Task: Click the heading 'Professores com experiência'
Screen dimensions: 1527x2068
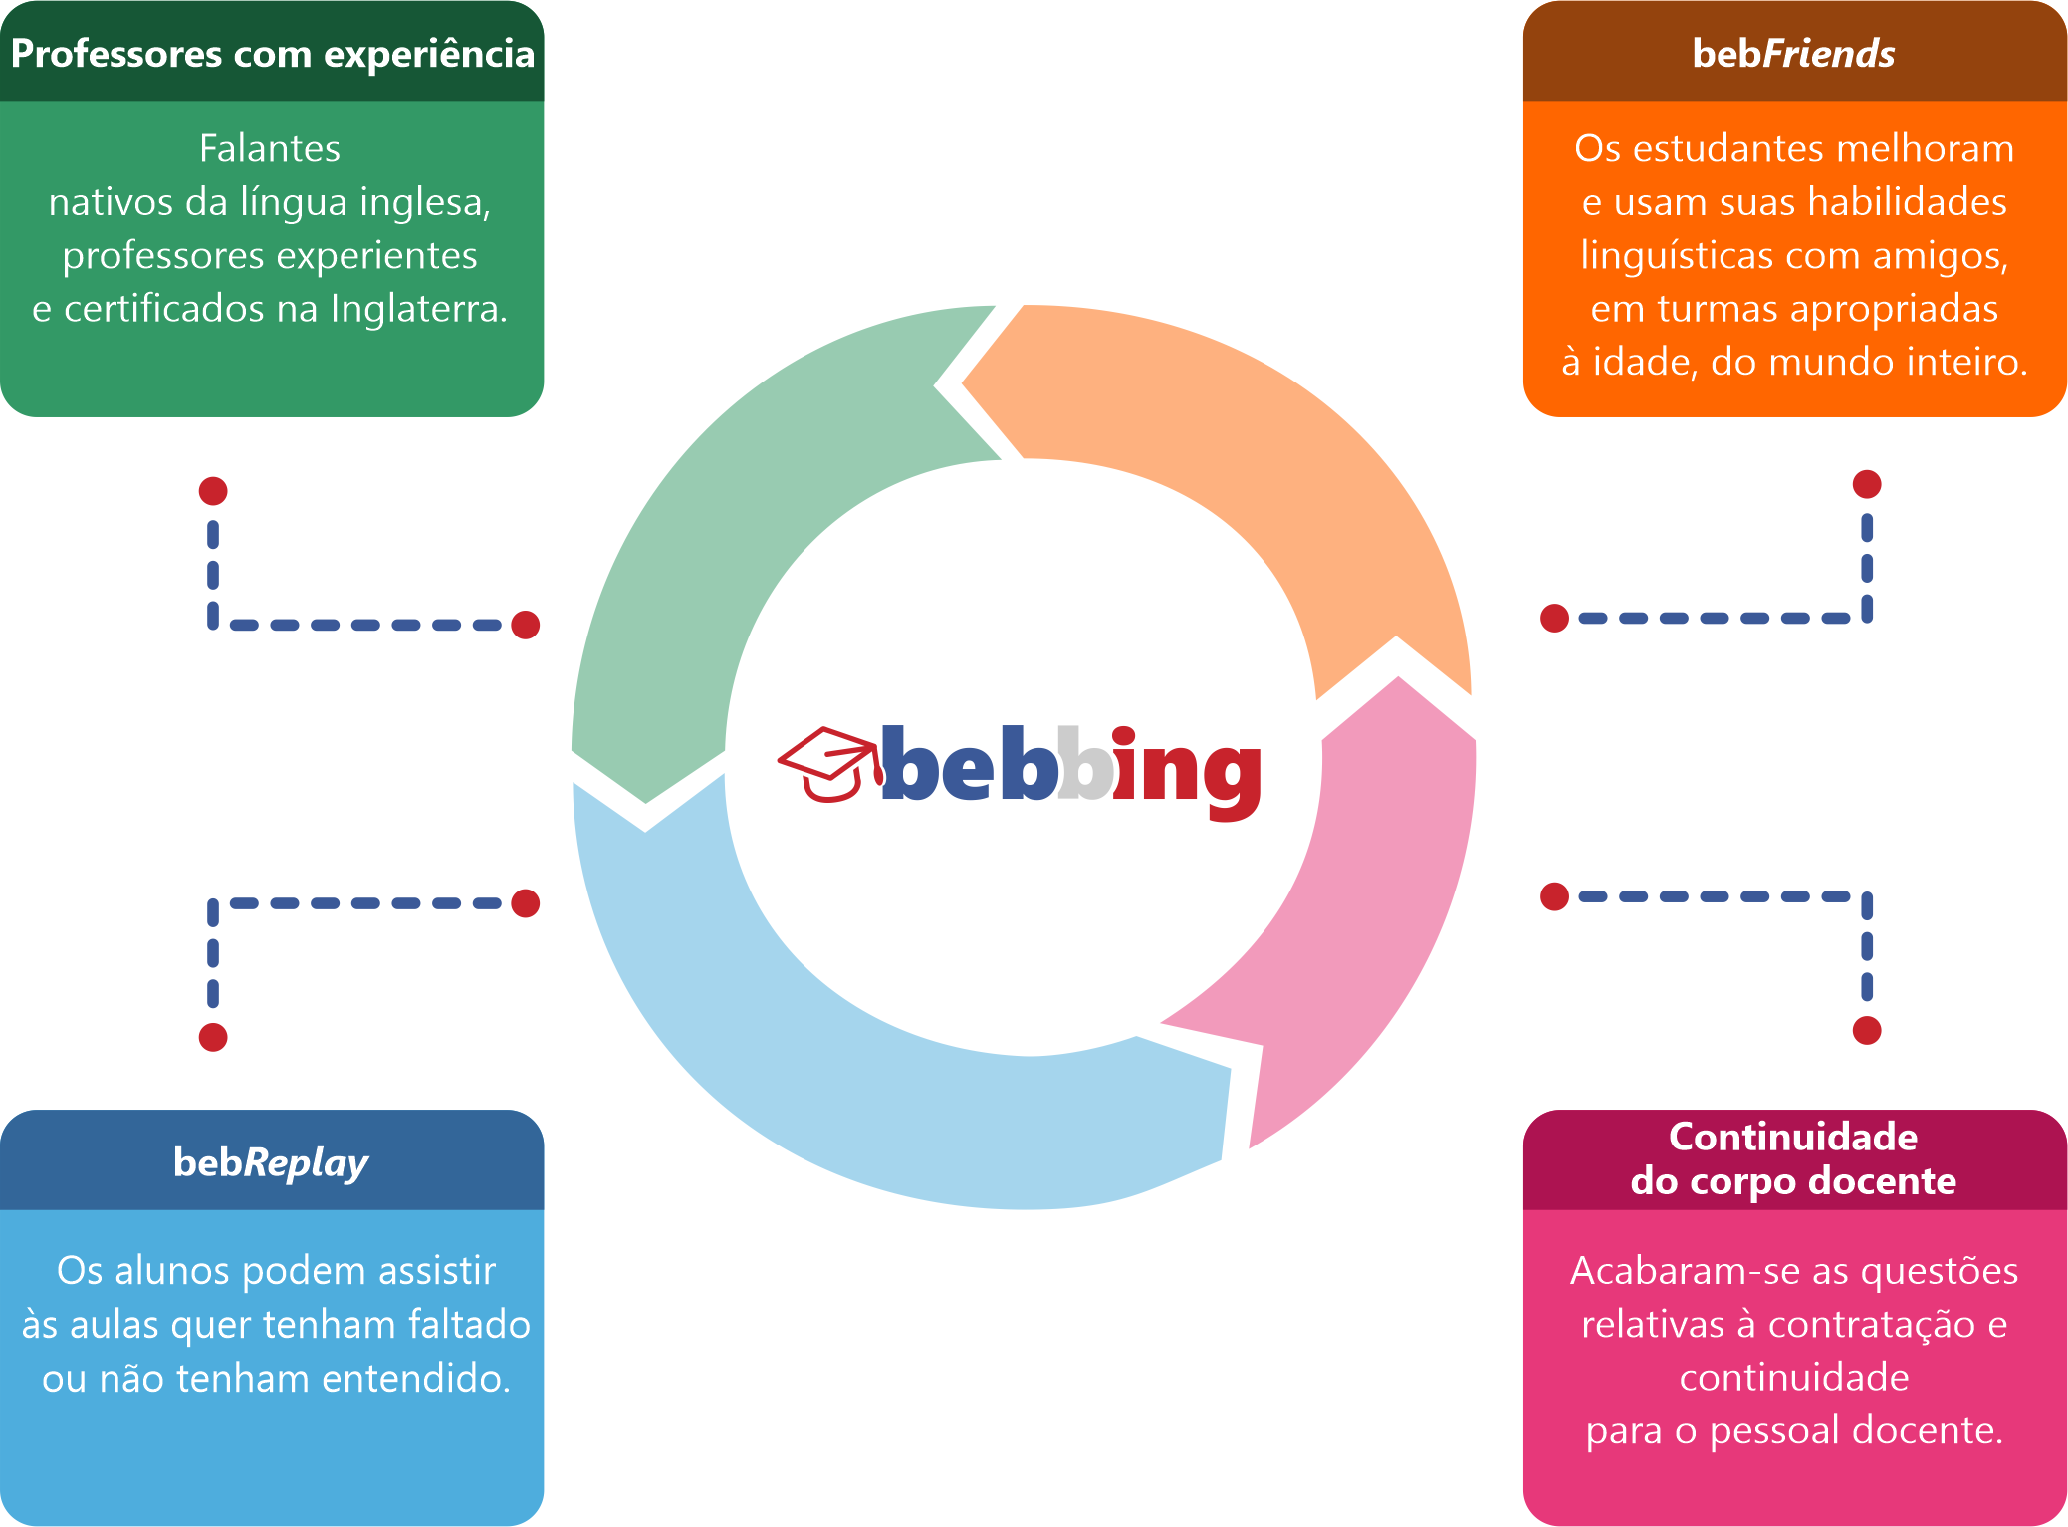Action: click(272, 53)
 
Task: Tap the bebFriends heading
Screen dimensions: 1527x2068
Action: click(1793, 53)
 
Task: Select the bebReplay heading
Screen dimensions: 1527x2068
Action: click(271, 1161)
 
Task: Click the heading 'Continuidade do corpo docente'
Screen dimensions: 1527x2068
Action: click(1793, 1158)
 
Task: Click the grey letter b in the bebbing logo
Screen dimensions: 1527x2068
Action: click(1084, 765)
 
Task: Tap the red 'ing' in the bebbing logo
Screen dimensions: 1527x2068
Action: click(1185, 771)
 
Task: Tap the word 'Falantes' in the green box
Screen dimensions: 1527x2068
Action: click(270, 148)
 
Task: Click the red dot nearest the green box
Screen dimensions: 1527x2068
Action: click(213, 491)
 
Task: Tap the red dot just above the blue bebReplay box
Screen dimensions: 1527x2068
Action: click(213, 1037)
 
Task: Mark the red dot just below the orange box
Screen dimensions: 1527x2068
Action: click(1867, 484)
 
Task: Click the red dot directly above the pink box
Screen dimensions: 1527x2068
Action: click(1867, 1030)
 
